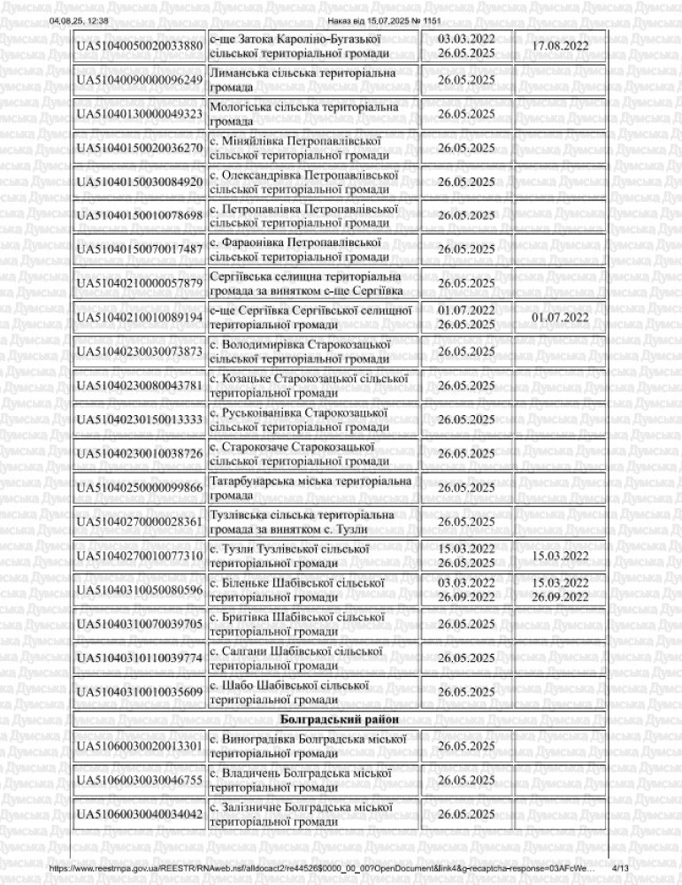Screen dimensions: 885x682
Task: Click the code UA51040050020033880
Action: tap(140, 46)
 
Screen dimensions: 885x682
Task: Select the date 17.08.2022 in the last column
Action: tap(560, 46)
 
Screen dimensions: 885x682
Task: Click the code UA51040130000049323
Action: tap(140, 114)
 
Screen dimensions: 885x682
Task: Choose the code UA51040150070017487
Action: tap(140, 250)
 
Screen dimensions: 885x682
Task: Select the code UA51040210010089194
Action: tap(140, 317)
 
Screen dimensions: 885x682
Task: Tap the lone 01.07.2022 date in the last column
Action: tap(560, 317)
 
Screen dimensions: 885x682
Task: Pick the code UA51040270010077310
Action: tap(140, 556)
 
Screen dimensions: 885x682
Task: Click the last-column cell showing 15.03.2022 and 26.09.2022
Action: tap(560, 589)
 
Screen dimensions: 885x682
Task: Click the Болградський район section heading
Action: tap(341, 718)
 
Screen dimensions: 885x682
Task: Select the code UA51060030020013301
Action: tap(140, 746)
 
